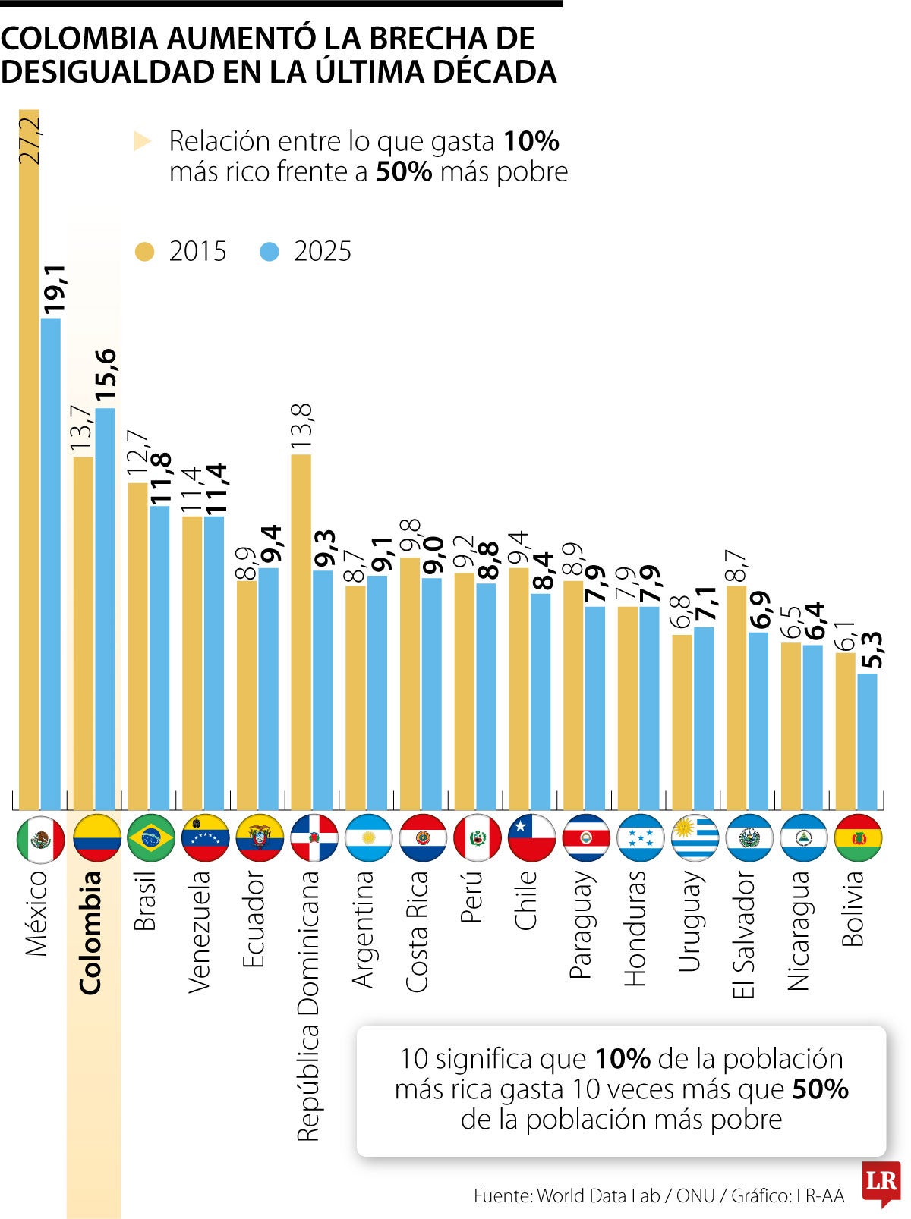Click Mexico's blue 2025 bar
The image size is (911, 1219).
[51, 563]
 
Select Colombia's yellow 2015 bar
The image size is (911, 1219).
[84, 633]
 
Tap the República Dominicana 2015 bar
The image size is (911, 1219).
[301, 631]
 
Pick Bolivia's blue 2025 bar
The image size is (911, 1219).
[867, 741]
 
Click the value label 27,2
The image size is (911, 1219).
[30, 140]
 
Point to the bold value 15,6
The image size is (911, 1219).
[106, 375]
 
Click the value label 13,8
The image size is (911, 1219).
[301, 426]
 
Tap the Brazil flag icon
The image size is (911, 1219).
[151, 838]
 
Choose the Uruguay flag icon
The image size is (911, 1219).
[695, 838]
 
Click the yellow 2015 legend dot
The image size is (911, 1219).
[144, 252]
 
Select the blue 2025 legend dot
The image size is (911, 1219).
[270, 252]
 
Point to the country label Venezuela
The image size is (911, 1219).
[199, 931]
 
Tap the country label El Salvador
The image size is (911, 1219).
[744, 934]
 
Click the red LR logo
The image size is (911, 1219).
[881, 1182]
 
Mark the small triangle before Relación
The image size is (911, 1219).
[142, 141]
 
